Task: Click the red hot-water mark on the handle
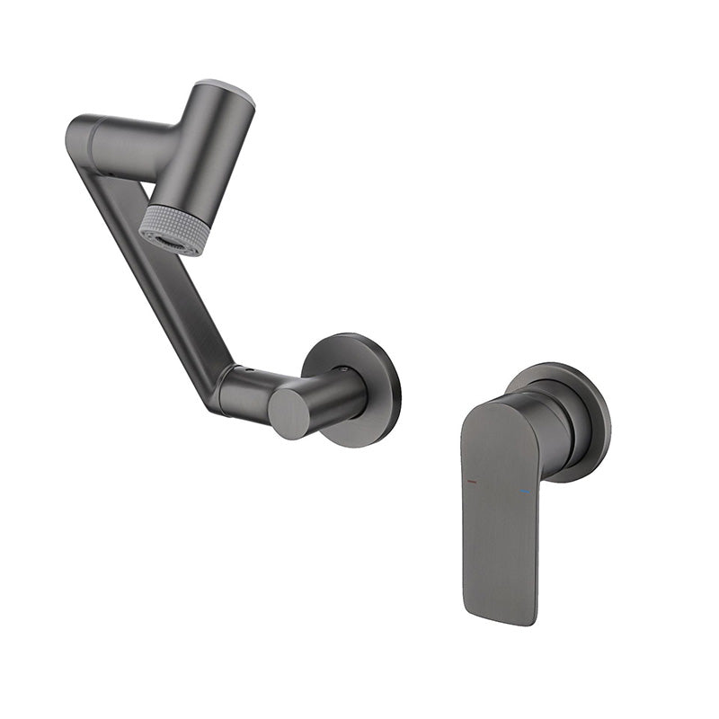click(472, 483)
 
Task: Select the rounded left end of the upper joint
click(77, 135)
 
